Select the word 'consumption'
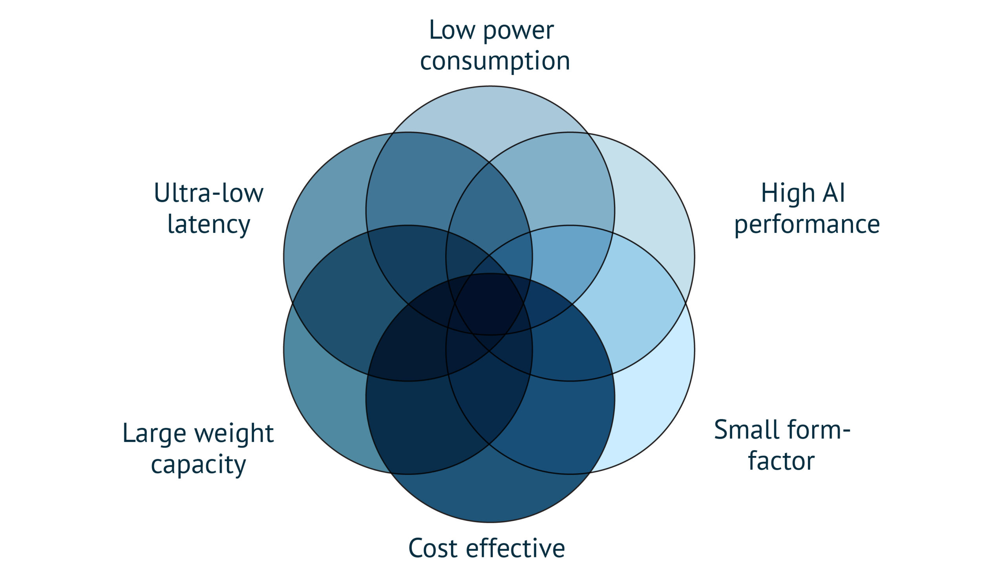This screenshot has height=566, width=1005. click(x=495, y=61)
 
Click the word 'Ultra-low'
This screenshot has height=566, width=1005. click(x=208, y=193)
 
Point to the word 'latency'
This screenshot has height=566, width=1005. click(x=208, y=225)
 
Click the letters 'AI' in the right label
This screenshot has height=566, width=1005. click(x=834, y=193)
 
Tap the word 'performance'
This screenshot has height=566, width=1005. click(x=807, y=225)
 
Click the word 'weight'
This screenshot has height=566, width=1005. click(x=234, y=434)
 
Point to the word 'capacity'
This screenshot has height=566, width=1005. click(x=198, y=465)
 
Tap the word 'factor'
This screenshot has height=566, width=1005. click(x=781, y=461)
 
